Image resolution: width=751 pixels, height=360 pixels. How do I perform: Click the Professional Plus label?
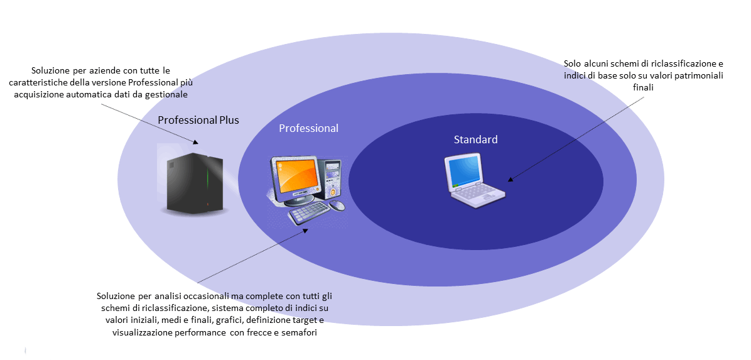198,120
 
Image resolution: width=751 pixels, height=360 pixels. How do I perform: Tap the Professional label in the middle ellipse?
308,128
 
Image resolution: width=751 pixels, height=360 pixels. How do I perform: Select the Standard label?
475,139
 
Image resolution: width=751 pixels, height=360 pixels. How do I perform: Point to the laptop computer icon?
474,180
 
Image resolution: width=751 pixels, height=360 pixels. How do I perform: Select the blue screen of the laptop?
463,172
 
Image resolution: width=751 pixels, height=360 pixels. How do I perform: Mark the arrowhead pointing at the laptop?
510,179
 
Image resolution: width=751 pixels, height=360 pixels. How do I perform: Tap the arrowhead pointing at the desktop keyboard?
306,229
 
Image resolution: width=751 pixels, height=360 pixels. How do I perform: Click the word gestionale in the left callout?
170,94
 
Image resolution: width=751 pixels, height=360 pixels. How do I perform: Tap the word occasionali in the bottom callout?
191,296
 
